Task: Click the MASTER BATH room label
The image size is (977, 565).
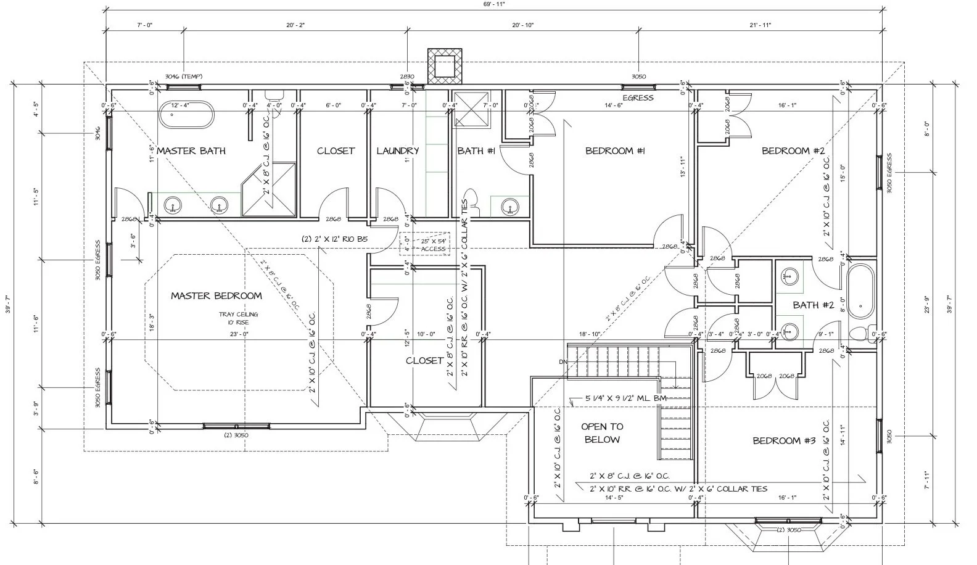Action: [x=191, y=151]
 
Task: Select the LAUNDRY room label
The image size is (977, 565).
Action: [x=397, y=151]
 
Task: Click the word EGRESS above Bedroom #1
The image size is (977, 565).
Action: [x=638, y=97]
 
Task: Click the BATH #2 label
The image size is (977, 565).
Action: [x=813, y=305]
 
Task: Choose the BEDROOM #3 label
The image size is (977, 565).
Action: [x=784, y=440]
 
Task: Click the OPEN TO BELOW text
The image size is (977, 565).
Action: [x=602, y=433]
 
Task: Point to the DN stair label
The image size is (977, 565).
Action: [x=563, y=361]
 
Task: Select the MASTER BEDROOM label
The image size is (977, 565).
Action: [x=216, y=295]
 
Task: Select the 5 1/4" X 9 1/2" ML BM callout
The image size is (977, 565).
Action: [x=619, y=398]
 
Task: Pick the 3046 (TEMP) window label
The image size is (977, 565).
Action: [x=183, y=76]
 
